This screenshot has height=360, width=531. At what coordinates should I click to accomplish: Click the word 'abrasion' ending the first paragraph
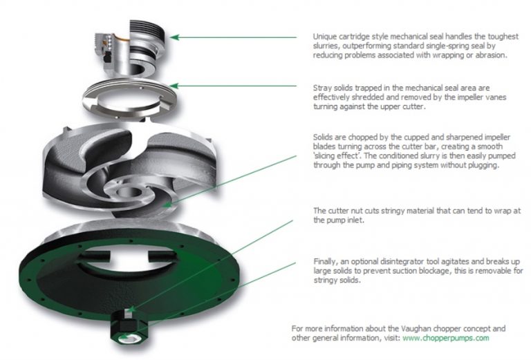(490, 55)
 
